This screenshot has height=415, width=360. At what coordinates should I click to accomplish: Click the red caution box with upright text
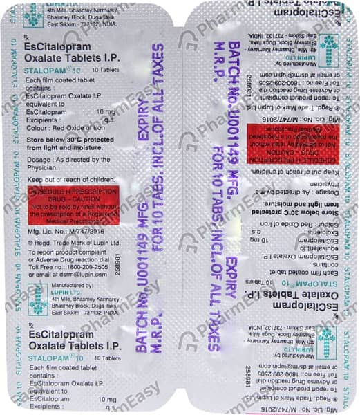tap(82, 201)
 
